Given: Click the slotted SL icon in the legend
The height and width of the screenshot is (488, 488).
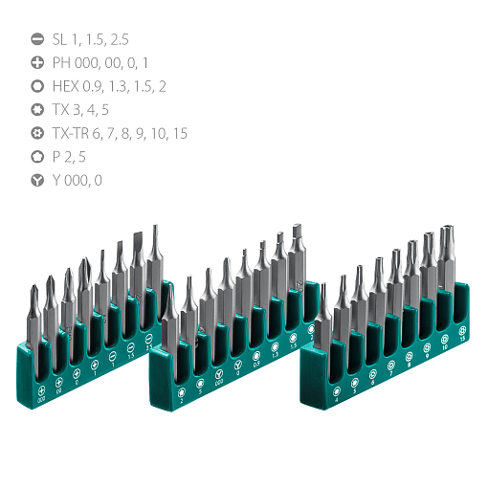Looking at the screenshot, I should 38,40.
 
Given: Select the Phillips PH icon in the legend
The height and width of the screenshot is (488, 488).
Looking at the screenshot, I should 38,63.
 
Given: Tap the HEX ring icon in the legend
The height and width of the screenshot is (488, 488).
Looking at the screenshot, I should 38,86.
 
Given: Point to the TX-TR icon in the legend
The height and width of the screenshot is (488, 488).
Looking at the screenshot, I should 38,133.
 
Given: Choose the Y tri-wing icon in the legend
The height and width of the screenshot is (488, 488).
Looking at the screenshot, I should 38,180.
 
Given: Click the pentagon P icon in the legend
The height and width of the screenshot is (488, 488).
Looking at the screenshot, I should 38,156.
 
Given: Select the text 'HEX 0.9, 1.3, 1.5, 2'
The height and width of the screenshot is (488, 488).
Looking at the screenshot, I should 110,86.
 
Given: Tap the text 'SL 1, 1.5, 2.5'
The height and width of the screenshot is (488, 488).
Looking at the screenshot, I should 91,40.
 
